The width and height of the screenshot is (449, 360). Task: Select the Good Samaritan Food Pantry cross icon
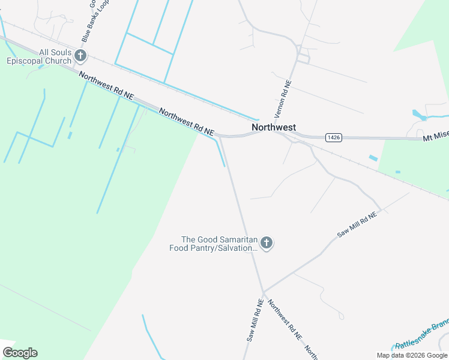coord(267,243)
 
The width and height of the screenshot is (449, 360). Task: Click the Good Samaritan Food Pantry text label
coord(213,244)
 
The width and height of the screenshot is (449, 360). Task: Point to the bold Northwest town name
coord(274,127)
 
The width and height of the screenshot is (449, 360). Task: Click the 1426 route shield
coord(334,137)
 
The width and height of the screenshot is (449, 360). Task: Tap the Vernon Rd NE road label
coord(283,99)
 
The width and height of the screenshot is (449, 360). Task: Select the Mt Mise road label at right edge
coord(436,138)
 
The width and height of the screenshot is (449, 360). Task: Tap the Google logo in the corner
coord(20,352)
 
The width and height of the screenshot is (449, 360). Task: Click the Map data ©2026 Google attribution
coord(412,355)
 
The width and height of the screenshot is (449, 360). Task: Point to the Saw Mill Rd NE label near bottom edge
coord(255,321)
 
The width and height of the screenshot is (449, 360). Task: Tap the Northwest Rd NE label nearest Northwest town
coord(187,121)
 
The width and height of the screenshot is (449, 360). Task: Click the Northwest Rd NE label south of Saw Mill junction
coord(285,320)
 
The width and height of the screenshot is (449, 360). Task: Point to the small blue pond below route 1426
coord(373,158)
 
